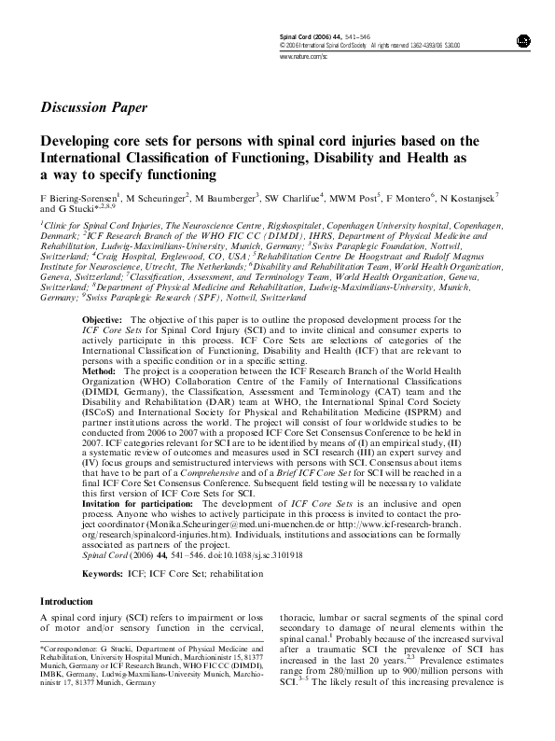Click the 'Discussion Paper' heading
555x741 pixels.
pos(93,107)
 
